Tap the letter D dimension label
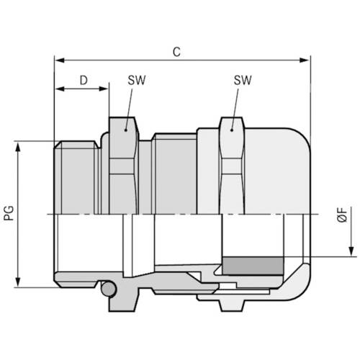[x=84, y=81]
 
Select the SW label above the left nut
[x=135, y=81]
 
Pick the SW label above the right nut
[x=242, y=81]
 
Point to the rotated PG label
[x=9, y=214]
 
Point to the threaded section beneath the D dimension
[x=76, y=176]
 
